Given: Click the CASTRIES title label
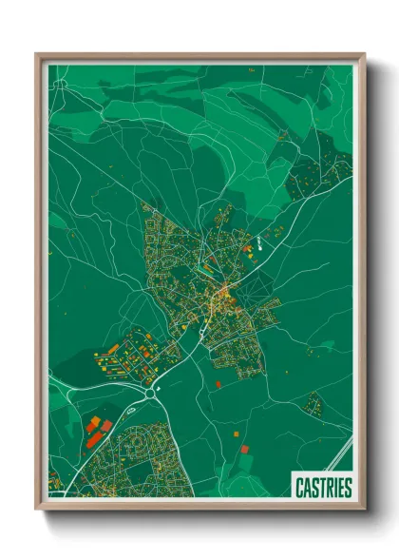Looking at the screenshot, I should pos(321,488).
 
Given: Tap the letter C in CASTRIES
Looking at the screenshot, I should pos(296,488).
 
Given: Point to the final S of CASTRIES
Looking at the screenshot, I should pos(347,488).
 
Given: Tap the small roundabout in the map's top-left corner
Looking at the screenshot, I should pos(60,84).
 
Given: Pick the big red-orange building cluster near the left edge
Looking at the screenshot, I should pos(95,428).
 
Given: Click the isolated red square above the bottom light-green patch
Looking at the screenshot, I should pos(244,447).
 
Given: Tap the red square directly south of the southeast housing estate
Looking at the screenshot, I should pos(218,384).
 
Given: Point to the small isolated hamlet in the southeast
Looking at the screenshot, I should pos(313,404).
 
